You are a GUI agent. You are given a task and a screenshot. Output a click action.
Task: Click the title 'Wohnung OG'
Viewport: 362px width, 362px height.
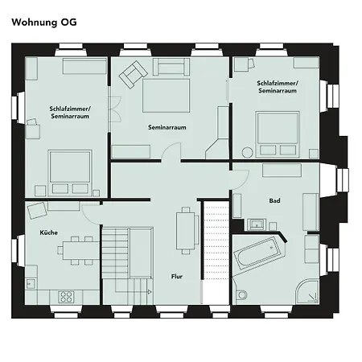pyautogui.click(x=44, y=23)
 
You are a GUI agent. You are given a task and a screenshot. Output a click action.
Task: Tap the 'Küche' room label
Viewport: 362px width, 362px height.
pyautogui.click(x=48, y=232)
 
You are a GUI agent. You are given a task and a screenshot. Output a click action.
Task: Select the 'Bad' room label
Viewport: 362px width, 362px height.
pyautogui.click(x=274, y=200)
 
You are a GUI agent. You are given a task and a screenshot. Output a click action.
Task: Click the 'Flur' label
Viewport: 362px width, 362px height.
pyautogui.click(x=177, y=277)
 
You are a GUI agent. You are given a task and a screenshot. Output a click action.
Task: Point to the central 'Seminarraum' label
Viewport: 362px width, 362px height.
pyautogui.click(x=167, y=127)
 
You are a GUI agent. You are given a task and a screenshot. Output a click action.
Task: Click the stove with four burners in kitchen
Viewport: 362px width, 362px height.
pyautogui.click(x=66, y=297)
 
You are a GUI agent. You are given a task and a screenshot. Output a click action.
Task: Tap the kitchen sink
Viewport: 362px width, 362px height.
pyautogui.click(x=31, y=283)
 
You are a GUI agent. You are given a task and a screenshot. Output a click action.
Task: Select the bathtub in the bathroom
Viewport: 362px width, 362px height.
pyautogui.click(x=257, y=254)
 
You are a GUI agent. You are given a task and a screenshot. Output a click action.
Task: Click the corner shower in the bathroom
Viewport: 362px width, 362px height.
pyautogui.click(x=308, y=291)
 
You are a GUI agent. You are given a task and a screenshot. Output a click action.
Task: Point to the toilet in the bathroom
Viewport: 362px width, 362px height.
pyautogui.click(x=241, y=294)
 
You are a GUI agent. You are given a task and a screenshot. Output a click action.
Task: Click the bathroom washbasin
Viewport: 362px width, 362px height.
pyautogui.click(x=257, y=224)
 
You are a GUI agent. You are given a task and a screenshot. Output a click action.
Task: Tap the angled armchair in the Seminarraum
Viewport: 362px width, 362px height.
pyautogui.click(x=133, y=75)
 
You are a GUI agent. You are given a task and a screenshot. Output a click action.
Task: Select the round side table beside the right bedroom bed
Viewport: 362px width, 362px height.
pyautogui.click(x=247, y=153)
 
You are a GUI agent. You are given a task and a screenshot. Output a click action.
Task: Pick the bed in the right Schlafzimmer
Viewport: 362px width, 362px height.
pyautogui.click(x=278, y=134)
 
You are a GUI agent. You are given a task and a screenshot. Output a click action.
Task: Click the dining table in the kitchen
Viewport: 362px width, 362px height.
pyautogui.click(x=81, y=250)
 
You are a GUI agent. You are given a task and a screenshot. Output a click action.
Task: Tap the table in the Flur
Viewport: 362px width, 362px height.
pyautogui.click(x=186, y=231)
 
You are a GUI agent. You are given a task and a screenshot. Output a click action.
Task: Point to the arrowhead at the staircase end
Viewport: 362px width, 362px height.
pyautogui.click(x=150, y=292)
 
